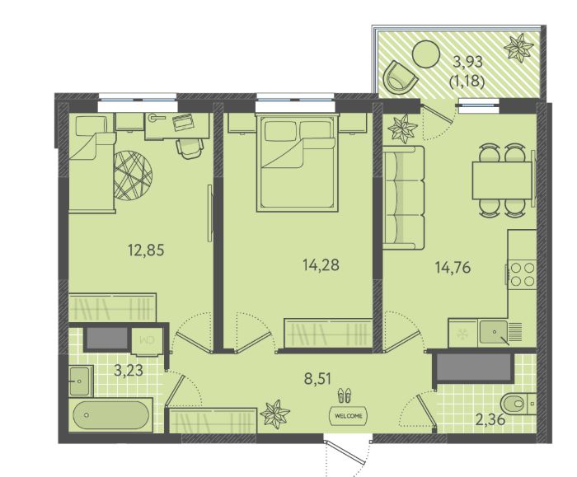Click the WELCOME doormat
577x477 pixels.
pos(348,415)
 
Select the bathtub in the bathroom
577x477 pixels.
pos(110,414)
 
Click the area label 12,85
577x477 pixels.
pos(146,250)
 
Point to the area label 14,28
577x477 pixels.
pos(321,264)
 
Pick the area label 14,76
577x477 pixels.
pos(453,268)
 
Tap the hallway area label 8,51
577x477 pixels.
pos(318,378)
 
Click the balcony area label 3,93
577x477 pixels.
pos(467,62)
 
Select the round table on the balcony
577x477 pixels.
pos(426,54)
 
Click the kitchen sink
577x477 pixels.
pos(494,333)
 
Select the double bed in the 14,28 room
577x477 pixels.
pos(298,162)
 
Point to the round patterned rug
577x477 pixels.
pos(133,176)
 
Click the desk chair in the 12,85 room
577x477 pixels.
pos(190,147)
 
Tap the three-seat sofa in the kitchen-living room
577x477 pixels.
pos(404,197)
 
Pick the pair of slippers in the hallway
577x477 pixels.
pos(345,395)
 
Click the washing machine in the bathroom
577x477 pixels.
pos(146,340)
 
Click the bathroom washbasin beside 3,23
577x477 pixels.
pos(81,381)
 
